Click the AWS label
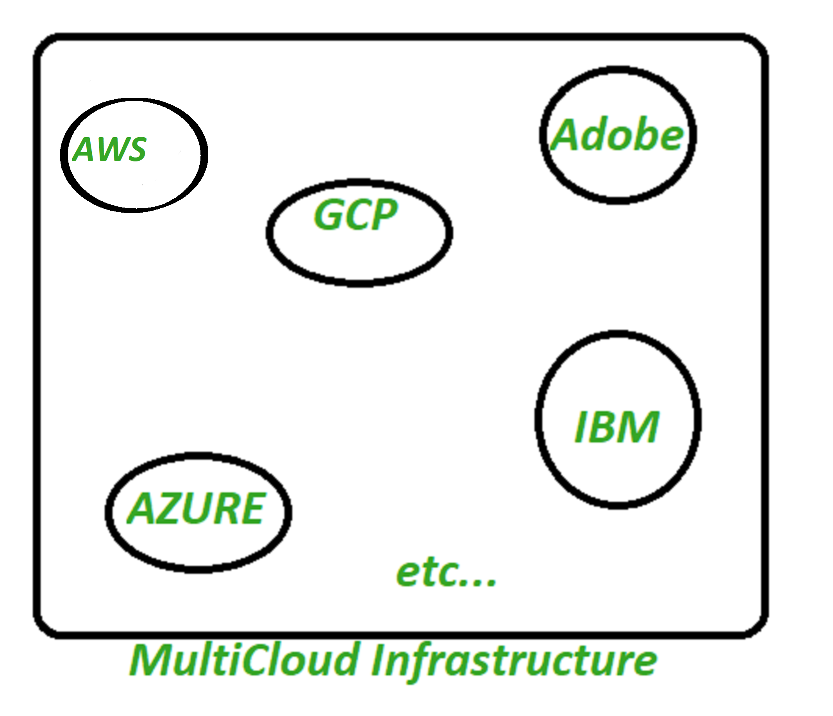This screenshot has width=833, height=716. click(109, 150)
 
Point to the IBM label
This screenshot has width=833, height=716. click(617, 427)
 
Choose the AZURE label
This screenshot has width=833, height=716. click(196, 509)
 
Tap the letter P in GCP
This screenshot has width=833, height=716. click(384, 215)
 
